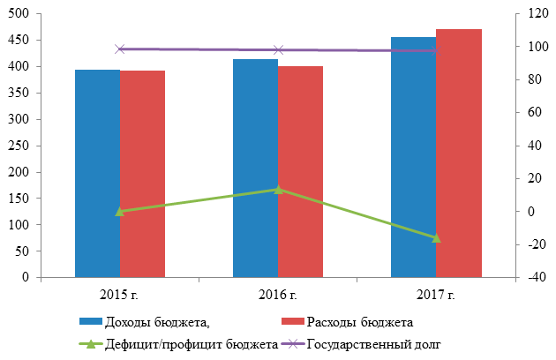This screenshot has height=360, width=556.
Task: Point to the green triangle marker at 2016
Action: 278,189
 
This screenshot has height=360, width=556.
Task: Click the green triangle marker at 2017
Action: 436,238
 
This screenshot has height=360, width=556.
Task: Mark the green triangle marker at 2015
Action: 120,211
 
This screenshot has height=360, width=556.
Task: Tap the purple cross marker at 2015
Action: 120,49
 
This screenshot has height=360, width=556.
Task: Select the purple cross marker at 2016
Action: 278,50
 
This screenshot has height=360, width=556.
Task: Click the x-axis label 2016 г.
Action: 278,292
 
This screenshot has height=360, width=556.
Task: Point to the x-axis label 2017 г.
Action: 436,292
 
